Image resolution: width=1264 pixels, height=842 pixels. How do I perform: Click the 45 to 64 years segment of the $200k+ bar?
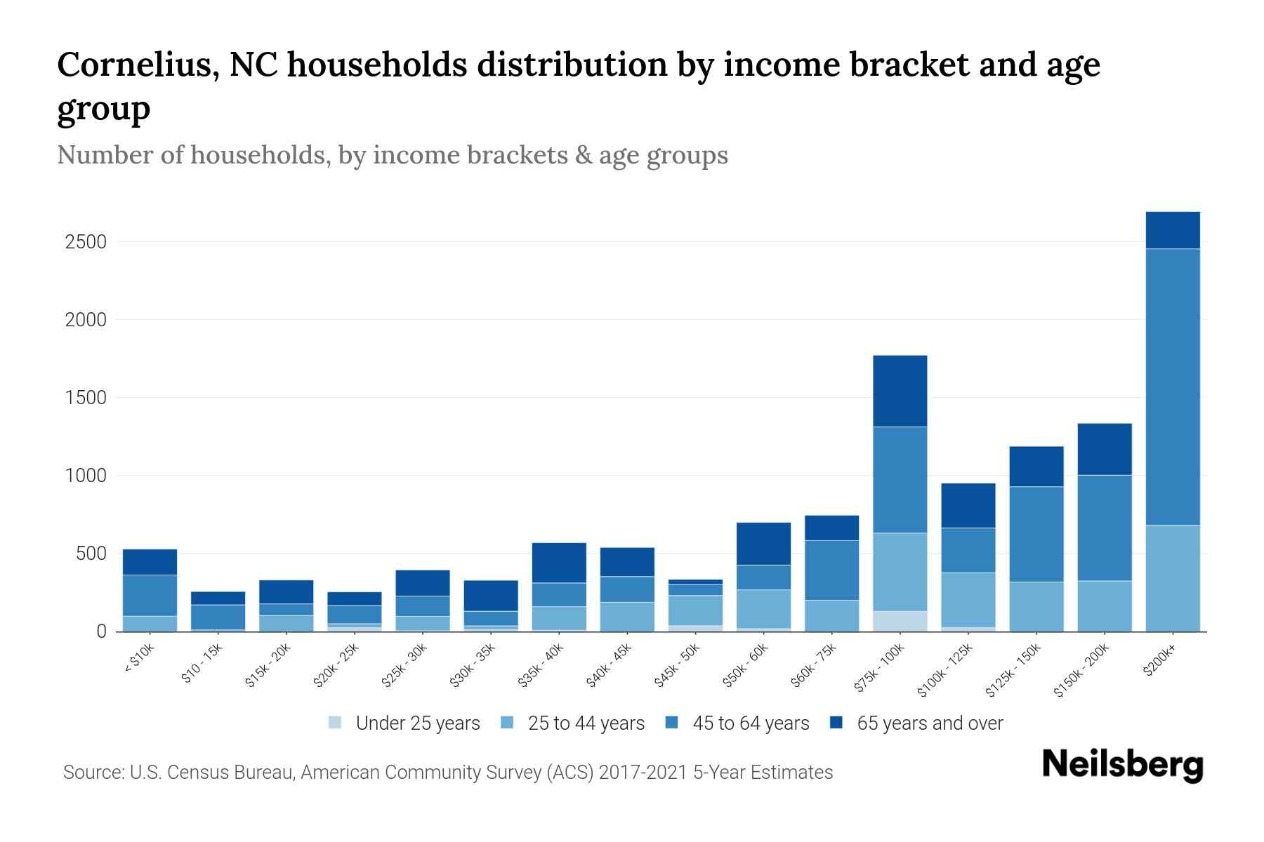pyautogui.click(x=1172, y=387)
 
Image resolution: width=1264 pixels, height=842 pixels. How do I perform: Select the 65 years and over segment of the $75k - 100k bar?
pyautogui.click(x=900, y=391)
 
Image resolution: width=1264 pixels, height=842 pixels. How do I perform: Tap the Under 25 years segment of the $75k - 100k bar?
pyautogui.click(x=900, y=621)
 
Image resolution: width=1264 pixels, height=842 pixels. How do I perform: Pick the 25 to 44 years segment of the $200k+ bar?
pyautogui.click(x=1172, y=578)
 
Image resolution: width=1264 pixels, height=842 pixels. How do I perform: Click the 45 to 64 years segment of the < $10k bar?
pyautogui.click(x=150, y=595)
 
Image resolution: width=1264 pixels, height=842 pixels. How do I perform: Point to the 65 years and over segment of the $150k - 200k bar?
pyautogui.click(x=1104, y=449)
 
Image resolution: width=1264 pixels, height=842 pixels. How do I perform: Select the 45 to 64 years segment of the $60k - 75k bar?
pyautogui.click(x=831, y=570)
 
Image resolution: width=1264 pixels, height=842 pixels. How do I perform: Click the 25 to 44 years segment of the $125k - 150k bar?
pyautogui.click(x=1036, y=606)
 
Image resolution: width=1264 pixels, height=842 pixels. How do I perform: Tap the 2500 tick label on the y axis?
pyautogui.click(x=85, y=242)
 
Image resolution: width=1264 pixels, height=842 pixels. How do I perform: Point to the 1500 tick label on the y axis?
pyautogui.click(x=85, y=398)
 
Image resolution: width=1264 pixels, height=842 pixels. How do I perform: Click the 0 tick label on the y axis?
pyautogui.click(x=101, y=631)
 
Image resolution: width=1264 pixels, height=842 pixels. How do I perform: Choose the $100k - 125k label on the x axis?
pyautogui.click(x=946, y=670)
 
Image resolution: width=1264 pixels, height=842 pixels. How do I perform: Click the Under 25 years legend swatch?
pyautogui.click(x=336, y=722)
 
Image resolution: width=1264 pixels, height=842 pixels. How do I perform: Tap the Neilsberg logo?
pyautogui.click(x=1122, y=765)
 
